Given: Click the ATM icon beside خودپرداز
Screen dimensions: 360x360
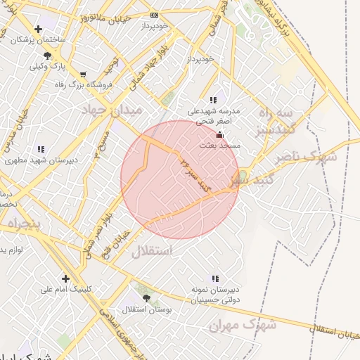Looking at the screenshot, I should coord(155,15).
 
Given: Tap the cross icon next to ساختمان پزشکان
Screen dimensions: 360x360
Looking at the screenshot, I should coord(37,29).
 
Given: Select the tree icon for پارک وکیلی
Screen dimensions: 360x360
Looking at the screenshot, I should coord(47,56).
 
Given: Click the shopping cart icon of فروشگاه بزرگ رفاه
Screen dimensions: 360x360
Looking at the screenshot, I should coord(84,74).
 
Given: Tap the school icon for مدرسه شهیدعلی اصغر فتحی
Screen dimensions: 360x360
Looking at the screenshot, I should coord(213,101).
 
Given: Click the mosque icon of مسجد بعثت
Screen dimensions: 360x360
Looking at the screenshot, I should coord(219,134).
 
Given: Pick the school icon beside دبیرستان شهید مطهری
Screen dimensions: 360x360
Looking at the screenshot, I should coord(41,149).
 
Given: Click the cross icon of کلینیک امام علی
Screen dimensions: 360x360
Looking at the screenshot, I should coord(65,278).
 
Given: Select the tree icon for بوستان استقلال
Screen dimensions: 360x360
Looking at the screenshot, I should coord(146,298).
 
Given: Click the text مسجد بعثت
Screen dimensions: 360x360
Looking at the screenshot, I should coord(221,145).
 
